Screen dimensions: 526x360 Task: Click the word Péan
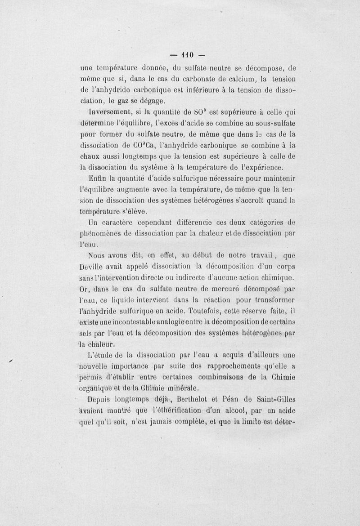[x=235, y=398]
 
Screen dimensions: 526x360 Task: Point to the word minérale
[x=179, y=387]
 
